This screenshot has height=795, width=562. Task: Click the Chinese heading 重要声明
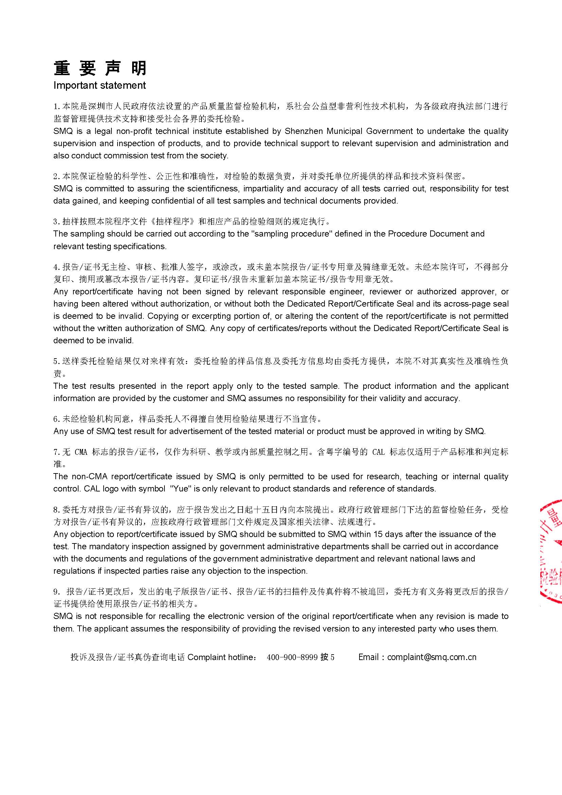[x=100, y=68]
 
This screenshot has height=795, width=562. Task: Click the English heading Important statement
[x=100, y=86]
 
